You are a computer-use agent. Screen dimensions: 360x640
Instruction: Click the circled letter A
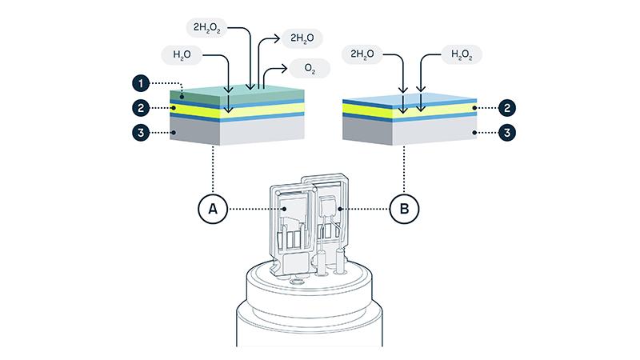213,210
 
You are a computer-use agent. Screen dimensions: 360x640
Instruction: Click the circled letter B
405,210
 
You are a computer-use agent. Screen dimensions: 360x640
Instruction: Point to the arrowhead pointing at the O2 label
292,70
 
